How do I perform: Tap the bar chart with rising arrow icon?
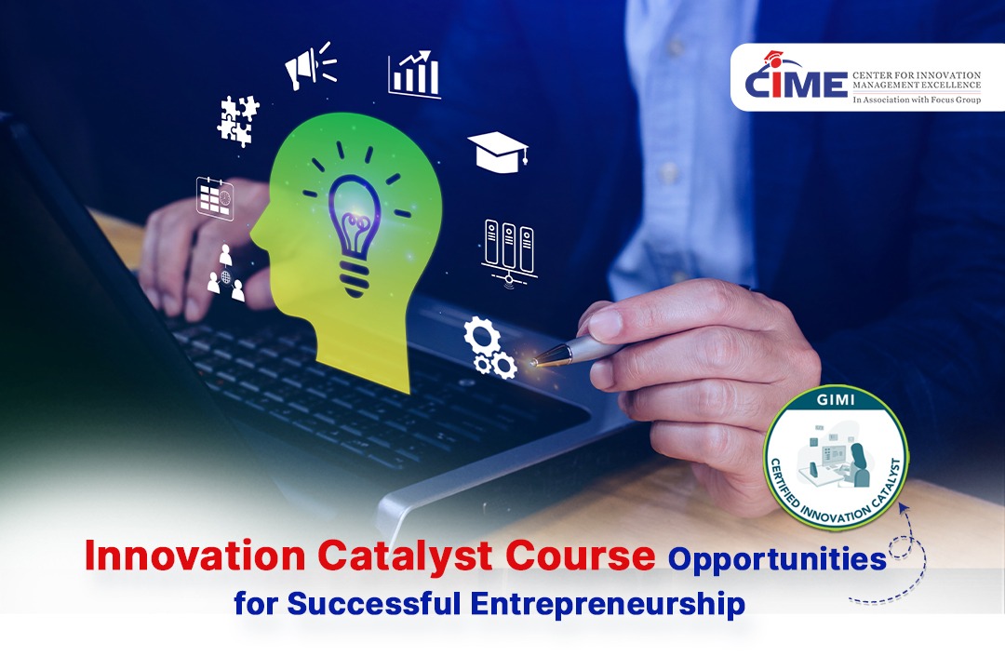click(414, 74)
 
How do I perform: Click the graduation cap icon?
click(497, 152)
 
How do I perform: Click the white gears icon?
click(489, 347)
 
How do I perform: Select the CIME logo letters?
click(795, 82)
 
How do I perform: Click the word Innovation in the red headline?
click(194, 556)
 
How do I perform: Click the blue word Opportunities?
click(777, 558)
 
